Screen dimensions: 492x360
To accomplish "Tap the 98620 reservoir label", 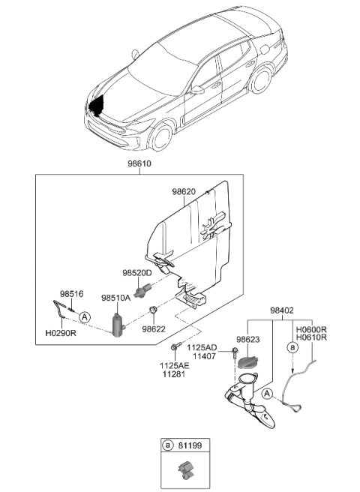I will coord(184,193).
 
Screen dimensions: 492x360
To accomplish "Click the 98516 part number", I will coord(71,295).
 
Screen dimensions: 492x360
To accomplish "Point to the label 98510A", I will coord(115,297).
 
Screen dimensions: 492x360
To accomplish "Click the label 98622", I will coord(154,328).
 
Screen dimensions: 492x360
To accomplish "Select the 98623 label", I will coord(247,339).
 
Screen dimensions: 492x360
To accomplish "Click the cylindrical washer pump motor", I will coord(116,325).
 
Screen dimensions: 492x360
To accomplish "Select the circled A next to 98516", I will coord(85,317).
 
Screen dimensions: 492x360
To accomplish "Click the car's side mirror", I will coord(197,89).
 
